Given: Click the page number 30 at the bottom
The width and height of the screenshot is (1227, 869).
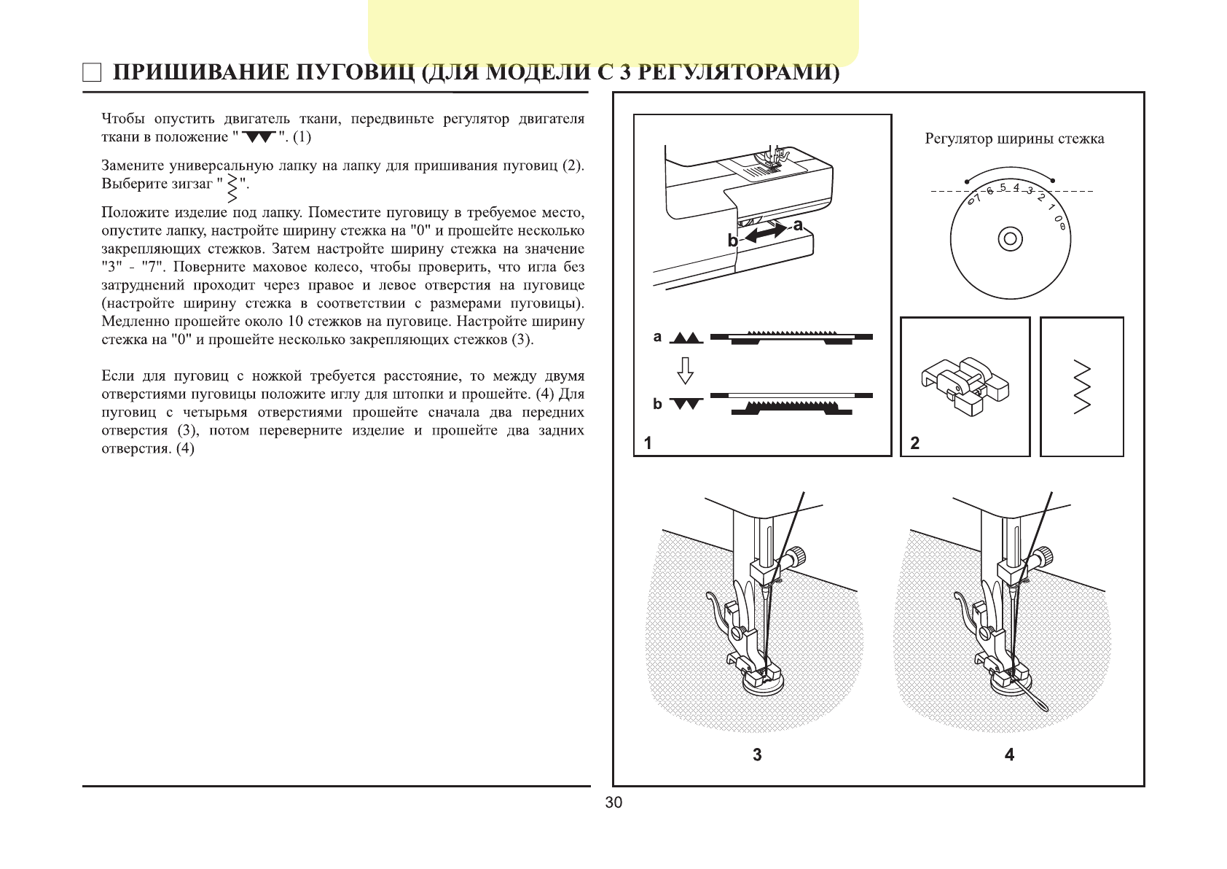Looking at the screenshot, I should [x=613, y=803].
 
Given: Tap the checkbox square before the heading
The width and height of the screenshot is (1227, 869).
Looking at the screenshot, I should [x=92, y=73].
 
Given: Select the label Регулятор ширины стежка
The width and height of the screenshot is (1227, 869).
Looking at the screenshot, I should [x=1014, y=139].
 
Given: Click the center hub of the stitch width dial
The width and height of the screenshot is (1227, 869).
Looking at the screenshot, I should [x=1010, y=238].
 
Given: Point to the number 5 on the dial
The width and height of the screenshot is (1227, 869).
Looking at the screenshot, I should [x=1003, y=187].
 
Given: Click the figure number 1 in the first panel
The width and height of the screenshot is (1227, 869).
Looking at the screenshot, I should [x=648, y=443].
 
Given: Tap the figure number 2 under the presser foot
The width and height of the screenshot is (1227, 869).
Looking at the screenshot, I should [x=915, y=443].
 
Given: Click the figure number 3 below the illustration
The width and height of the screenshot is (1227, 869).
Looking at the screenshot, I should [x=757, y=755].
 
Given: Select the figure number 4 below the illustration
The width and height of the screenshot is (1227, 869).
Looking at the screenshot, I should [x=1009, y=755].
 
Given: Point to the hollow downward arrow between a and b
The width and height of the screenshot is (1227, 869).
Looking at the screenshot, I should [x=685, y=370].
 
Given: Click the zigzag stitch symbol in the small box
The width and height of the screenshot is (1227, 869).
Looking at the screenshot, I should [x=1082, y=386].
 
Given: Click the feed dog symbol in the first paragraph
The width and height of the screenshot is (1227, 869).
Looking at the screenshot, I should [x=259, y=137].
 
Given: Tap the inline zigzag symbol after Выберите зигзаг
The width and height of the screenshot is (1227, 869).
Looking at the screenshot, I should [x=233, y=187].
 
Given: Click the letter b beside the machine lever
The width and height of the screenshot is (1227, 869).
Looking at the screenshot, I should [x=732, y=241].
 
